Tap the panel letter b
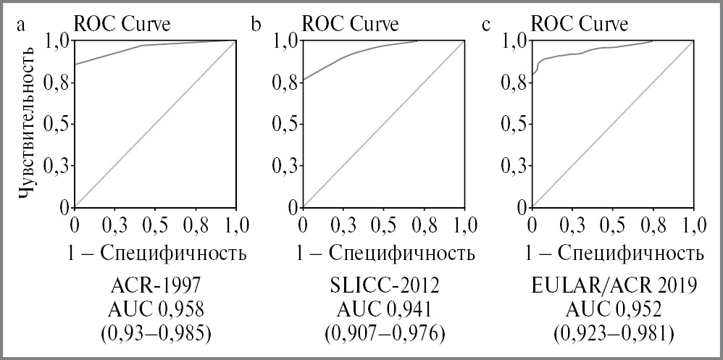(x=256, y=25)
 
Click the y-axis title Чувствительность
(x=27, y=122)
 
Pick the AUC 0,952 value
(x=614, y=310)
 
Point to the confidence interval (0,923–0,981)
(x=614, y=334)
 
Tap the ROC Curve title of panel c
(x=580, y=24)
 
